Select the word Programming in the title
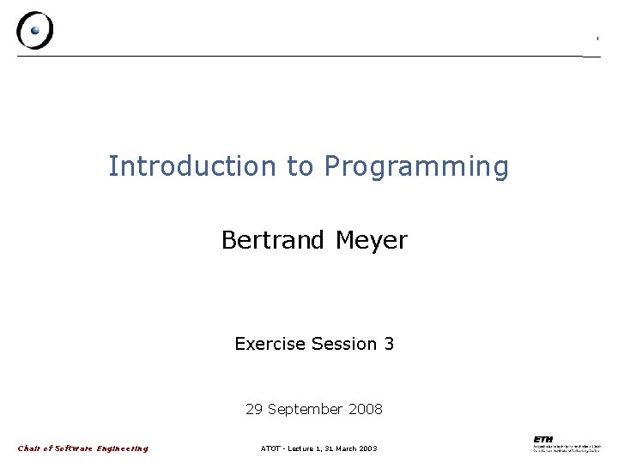[x=416, y=167]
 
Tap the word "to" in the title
[x=300, y=166]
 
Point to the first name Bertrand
[x=273, y=240]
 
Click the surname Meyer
[x=371, y=241]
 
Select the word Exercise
[x=270, y=344]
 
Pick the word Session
[x=344, y=344]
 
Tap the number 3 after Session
[x=389, y=344]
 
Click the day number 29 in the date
[x=254, y=409]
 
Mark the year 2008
[x=366, y=409]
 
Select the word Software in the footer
[x=73, y=448]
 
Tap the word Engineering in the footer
[x=122, y=448]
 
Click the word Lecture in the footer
[x=300, y=448]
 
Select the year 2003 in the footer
[x=368, y=448]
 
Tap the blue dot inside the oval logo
[x=35, y=30]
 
